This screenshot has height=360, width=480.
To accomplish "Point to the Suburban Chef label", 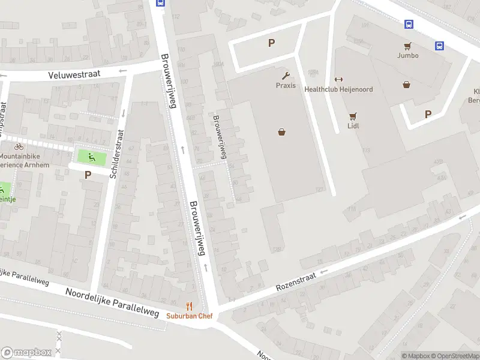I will (x=190, y=316).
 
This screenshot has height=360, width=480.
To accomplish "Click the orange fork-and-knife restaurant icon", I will (x=190, y=306).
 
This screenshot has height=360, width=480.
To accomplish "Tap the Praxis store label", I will (x=286, y=85).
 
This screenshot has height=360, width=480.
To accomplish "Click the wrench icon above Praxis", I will (x=286, y=76).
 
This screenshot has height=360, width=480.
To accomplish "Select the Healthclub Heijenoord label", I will (x=338, y=89).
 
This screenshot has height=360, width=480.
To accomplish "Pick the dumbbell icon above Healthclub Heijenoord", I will (x=338, y=80).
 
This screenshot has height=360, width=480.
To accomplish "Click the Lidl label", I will (x=353, y=126).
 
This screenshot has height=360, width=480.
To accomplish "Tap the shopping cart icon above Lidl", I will (x=353, y=116).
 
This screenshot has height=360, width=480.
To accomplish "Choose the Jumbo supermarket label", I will (x=407, y=55).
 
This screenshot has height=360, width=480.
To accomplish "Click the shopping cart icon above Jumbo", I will (x=407, y=46).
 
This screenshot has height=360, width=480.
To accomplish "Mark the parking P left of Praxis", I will (x=271, y=43).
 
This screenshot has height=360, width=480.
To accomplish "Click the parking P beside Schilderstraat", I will (x=88, y=175).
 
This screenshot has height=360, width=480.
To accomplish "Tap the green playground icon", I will (x=92, y=158).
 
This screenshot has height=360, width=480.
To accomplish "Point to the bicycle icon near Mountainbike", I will (x=19, y=146).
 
